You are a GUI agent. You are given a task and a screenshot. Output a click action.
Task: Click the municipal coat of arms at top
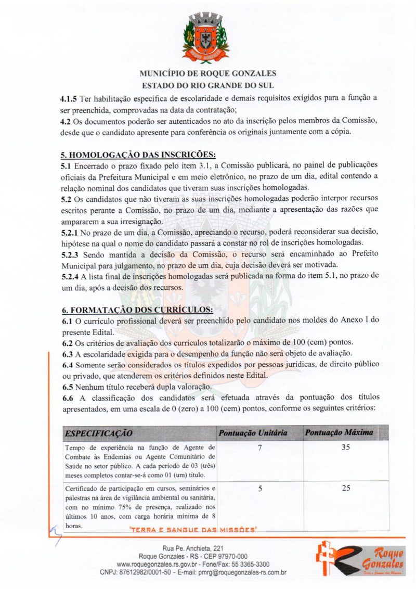205,38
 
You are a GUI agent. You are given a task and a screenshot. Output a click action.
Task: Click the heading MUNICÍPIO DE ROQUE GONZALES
208,73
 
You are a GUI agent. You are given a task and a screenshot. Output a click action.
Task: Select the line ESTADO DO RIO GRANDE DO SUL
208,85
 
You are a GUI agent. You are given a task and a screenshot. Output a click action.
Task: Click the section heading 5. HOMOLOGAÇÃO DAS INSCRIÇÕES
139,155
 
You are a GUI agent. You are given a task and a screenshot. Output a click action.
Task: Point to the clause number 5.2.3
70,254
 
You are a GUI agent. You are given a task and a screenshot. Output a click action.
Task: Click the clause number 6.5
68,387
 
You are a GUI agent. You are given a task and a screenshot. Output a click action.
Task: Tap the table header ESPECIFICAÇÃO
98,433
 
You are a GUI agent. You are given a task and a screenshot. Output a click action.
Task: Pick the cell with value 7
259,447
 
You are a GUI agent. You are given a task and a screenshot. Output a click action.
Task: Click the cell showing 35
346,447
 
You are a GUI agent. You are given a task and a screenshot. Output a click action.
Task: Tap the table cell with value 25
346,488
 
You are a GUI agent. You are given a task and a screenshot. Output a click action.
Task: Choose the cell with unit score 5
259,488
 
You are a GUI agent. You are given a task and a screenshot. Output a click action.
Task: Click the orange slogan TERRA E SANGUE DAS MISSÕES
193,530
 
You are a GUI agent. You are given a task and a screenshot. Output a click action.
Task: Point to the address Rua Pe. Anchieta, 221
193,548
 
